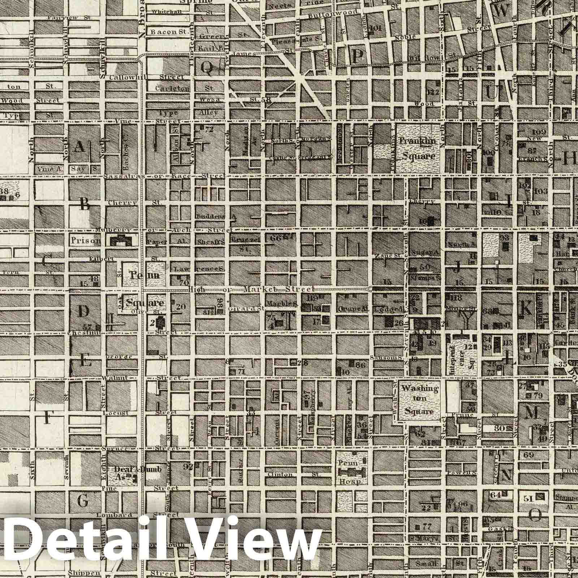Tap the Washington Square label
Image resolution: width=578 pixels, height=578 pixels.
point(419,400)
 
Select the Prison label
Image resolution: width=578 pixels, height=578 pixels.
point(85,241)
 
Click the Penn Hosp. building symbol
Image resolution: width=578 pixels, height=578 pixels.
point(350,471)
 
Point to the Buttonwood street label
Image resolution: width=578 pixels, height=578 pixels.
point(333,13)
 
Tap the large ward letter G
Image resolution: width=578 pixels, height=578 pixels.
point(83,501)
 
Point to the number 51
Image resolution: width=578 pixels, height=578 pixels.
point(529,499)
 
